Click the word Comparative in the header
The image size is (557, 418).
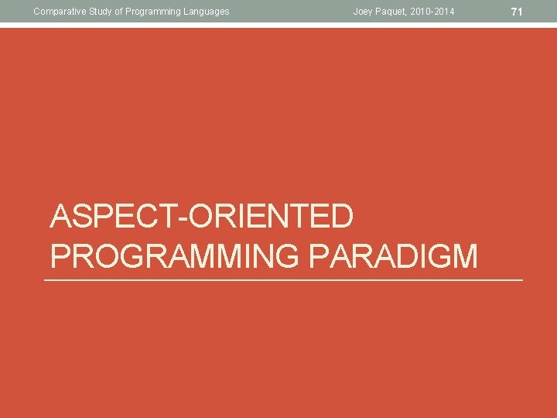tap(57, 11)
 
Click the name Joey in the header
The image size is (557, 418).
tap(364, 11)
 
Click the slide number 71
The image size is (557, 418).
tap(518, 11)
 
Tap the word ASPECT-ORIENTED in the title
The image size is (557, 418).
tap(202, 218)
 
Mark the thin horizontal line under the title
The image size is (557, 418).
tap(283, 279)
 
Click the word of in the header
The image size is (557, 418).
tap(117, 11)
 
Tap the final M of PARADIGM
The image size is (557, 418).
tap(464, 256)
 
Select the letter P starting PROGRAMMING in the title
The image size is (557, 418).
tap(60, 256)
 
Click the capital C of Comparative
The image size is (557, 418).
tap(36, 11)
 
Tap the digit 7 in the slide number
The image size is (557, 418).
tap(515, 11)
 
